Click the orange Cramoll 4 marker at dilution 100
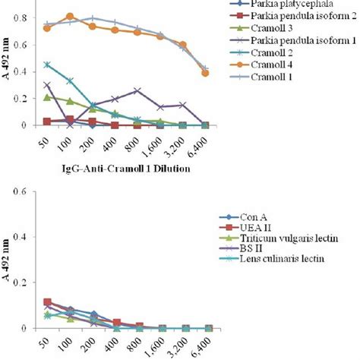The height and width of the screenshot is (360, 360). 70,17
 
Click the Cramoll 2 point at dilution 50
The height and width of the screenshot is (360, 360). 47,65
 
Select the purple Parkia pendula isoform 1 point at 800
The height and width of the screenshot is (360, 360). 137,90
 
